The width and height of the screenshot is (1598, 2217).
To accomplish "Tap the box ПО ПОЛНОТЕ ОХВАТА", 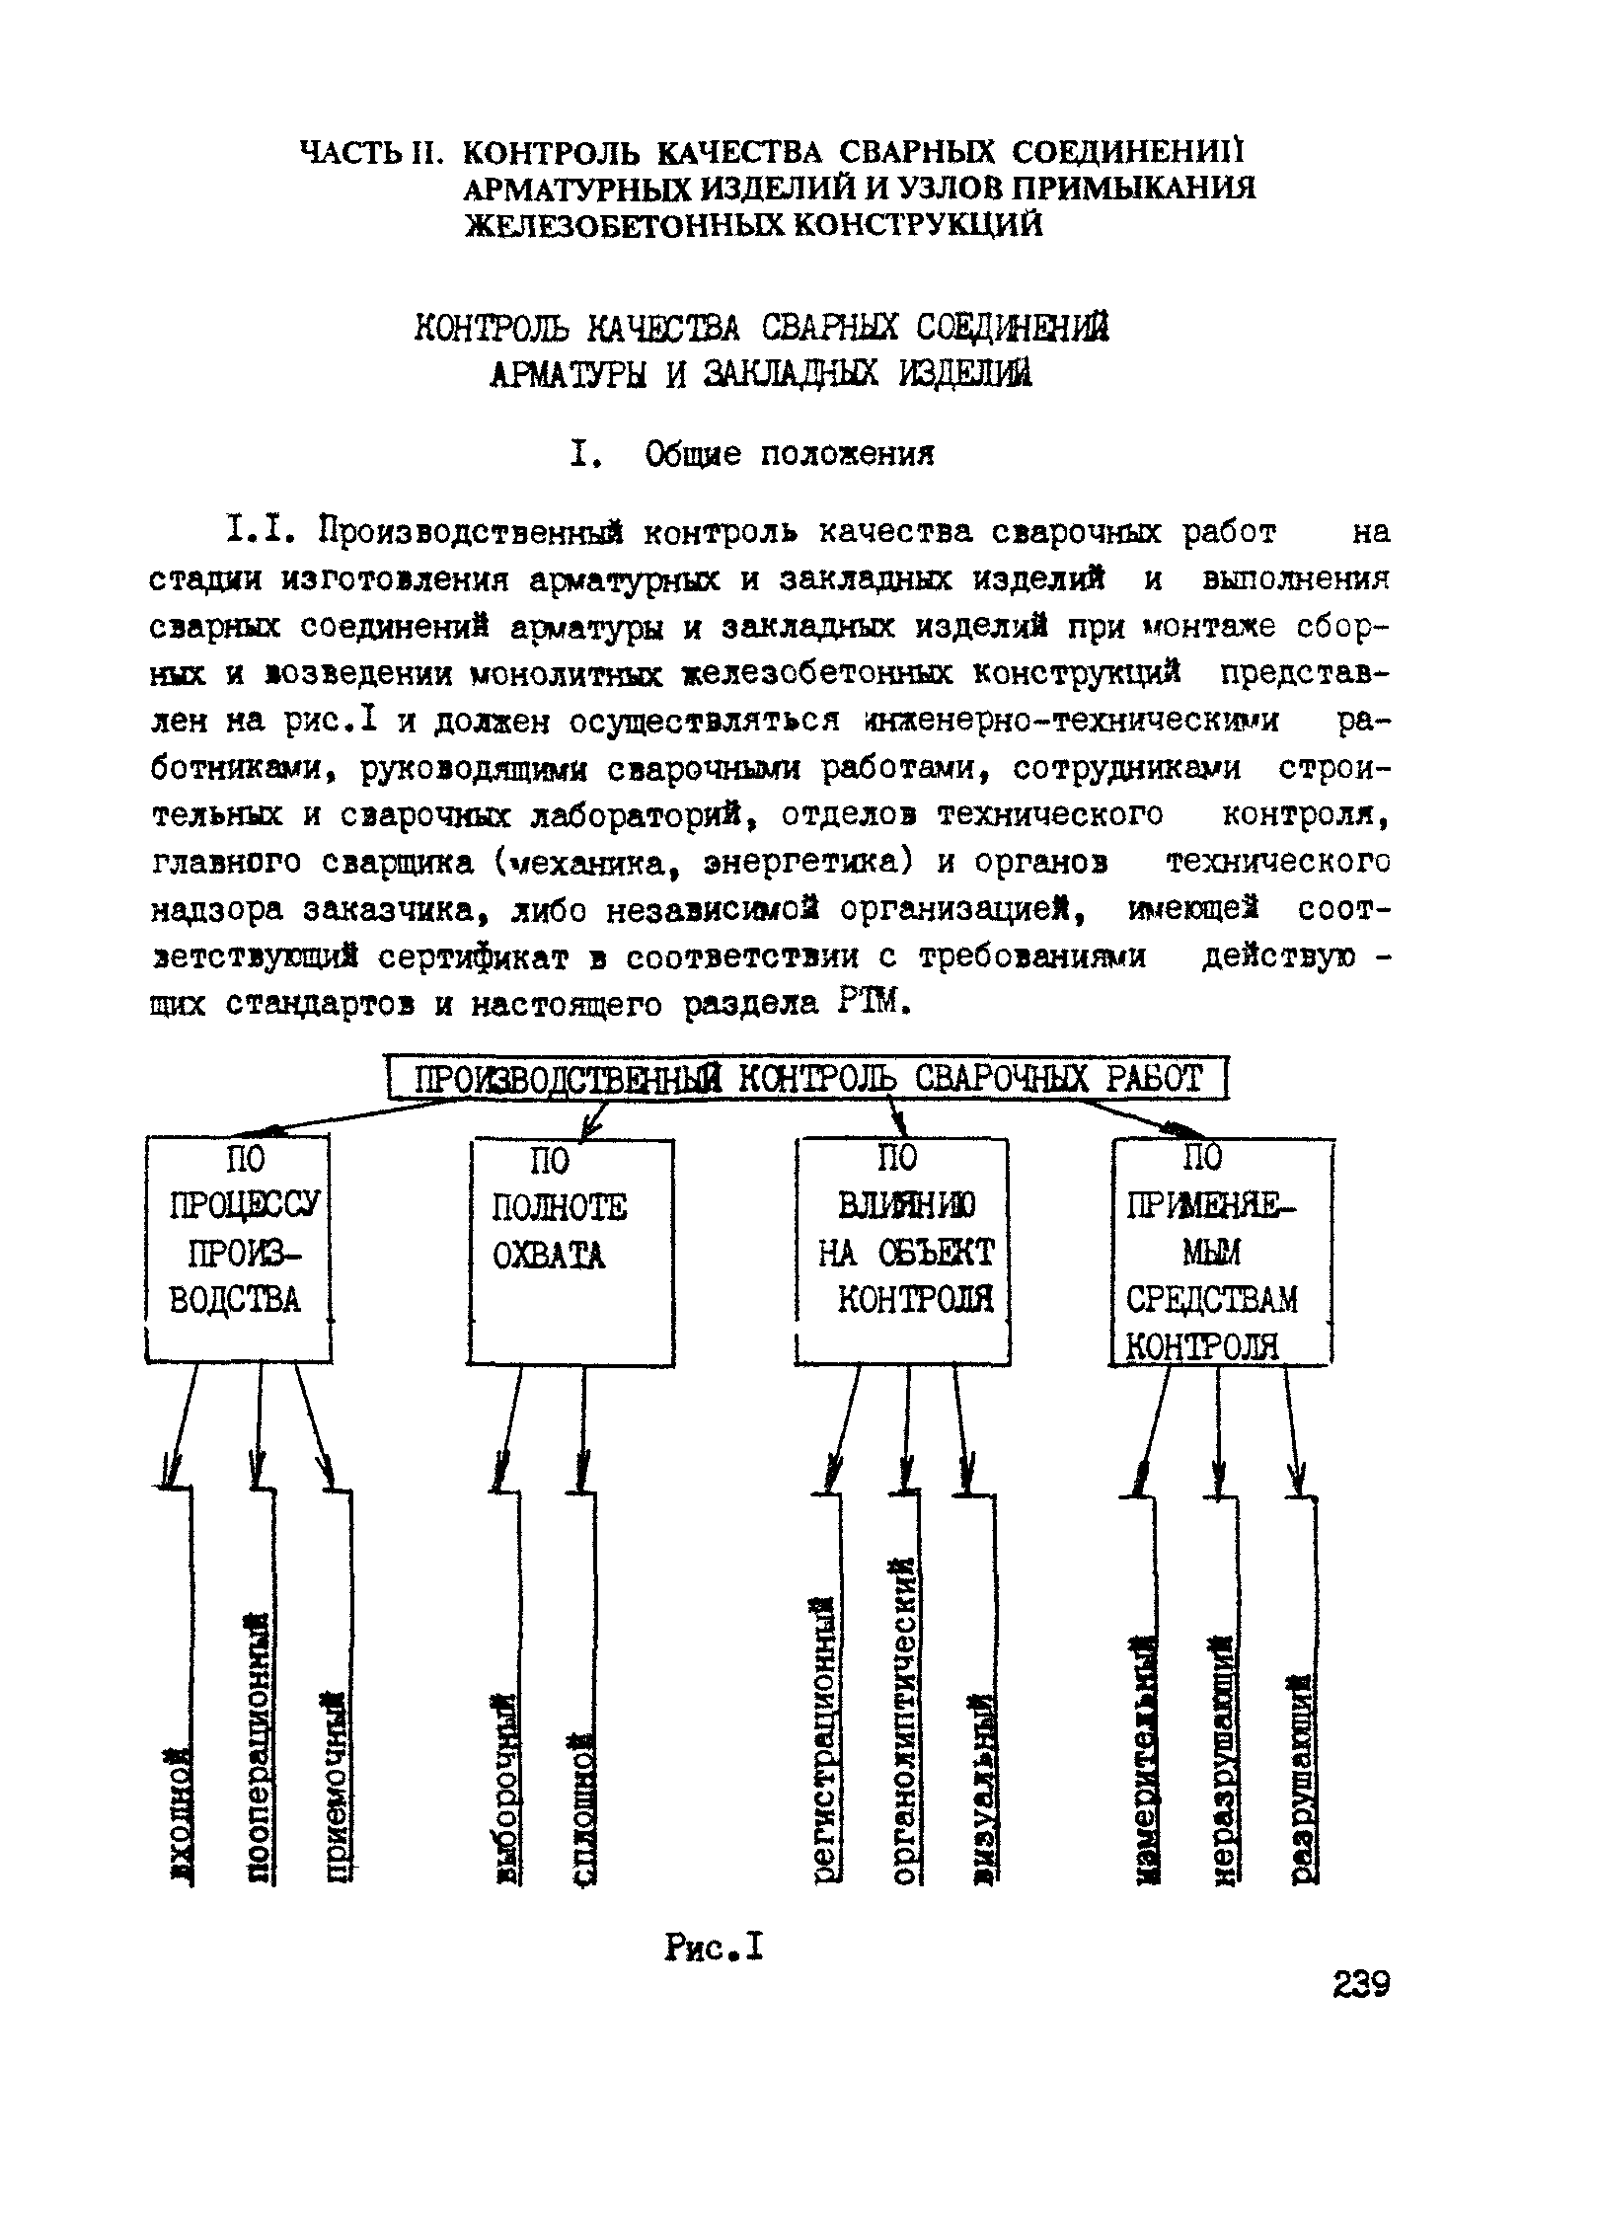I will point(571,1252).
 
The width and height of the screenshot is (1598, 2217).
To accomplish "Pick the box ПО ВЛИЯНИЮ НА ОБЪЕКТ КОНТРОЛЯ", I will point(903,1251).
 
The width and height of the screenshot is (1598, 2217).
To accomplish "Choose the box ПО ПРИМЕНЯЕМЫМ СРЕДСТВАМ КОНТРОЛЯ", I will point(1221,1251).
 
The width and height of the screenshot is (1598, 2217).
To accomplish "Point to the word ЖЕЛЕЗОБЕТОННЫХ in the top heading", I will point(626,225).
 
